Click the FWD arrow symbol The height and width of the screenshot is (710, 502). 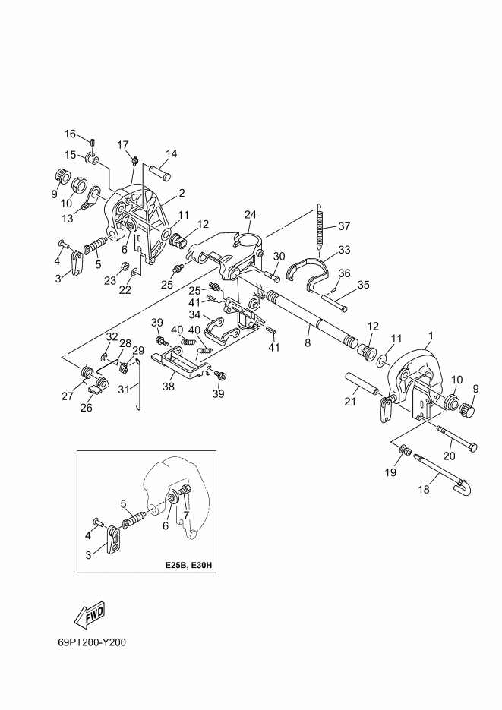[90, 615]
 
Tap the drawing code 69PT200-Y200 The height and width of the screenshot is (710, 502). [92, 642]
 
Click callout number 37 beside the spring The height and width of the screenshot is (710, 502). [344, 226]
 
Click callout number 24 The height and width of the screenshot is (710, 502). [251, 214]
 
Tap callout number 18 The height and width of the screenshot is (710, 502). [424, 490]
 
